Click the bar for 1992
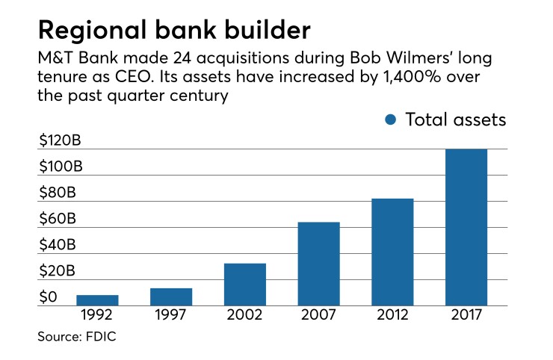97,300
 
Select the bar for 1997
171,297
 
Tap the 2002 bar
245,285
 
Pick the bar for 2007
319,264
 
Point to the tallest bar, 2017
466,227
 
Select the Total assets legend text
456,120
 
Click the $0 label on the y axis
49,297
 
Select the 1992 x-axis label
97,316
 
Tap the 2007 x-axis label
319,316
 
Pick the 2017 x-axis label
466,316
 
